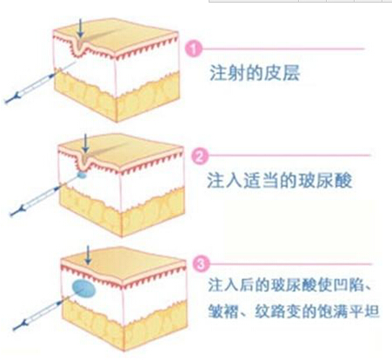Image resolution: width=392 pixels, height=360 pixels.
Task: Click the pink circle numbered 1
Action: coord(193,49)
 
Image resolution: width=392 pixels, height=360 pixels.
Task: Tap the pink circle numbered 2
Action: coord(200,156)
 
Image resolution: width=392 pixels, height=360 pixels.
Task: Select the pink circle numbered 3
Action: coord(201,264)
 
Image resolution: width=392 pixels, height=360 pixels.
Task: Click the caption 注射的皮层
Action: coord(255,73)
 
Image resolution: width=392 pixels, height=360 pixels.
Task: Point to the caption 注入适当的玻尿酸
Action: coord(280,180)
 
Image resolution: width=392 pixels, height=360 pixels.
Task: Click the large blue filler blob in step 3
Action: coord(83,289)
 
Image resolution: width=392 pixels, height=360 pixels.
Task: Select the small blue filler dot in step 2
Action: coord(83,175)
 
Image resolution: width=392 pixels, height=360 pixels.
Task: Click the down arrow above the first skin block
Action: coord(80,28)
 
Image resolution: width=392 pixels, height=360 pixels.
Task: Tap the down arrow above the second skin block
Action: coord(85,143)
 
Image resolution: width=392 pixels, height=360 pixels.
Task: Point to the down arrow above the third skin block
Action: coord(88,255)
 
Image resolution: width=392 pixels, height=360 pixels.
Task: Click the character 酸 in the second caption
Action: coord(343,180)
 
